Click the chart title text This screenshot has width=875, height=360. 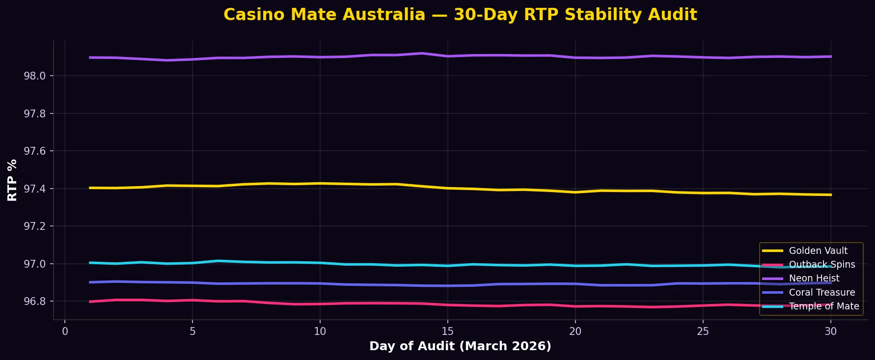pyautogui.click(x=460, y=15)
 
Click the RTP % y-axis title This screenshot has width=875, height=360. pyautogui.click(x=13, y=180)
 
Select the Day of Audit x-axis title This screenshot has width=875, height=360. pyautogui.click(x=460, y=346)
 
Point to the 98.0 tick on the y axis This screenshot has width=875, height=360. pyautogui.click(x=34, y=76)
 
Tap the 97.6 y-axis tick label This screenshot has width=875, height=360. pyautogui.click(x=34, y=151)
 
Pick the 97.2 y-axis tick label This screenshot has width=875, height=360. pyautogui.click(x=34, y=226)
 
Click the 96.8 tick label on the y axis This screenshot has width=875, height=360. pyautogui.click(x=34, y=302)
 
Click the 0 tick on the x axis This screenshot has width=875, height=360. pyautogui.click(x=65, y=332)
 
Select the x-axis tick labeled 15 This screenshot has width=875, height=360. pyautogui.click(x=447, y=332)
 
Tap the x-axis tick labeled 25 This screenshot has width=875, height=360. pyautogui.click(x=703, y=332)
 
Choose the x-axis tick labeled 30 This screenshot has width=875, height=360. pyautogui.click(x=830, y=332)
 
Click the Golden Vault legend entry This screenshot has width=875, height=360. pyautogui.click(x=818, y=250)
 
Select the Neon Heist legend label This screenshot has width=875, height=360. pyautogui.click(x=814, y=278)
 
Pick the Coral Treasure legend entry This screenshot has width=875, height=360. pyautogui.click(x=821, y=292)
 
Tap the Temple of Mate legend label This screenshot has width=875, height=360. pyautogui.click(x=823, y=306)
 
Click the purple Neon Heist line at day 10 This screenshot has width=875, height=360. pyautogui.click(x=320, y=57)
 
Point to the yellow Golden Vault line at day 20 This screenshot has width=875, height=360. pyautogui.click(x=575, y=192)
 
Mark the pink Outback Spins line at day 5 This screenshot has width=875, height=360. pyautogui.click(x=192, y=300)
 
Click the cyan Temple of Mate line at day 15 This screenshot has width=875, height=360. pyautogui.click(x=447, y=266)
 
